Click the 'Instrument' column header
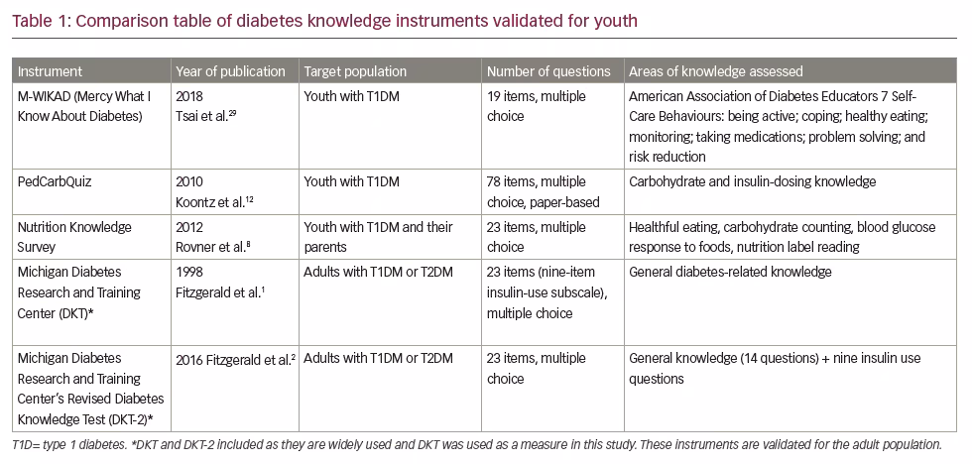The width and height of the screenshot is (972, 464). click(50, 71)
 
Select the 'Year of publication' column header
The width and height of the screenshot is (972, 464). click(230, 71)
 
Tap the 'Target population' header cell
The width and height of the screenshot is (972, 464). click(355, 71)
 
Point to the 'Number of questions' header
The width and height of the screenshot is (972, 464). click(548, 71)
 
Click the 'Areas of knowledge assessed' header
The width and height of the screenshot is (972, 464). click(715, 71)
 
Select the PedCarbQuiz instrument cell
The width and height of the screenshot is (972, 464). click(56, 182)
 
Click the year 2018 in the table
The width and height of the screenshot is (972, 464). click(189, 96)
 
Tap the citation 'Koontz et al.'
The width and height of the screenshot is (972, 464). click(214, 202)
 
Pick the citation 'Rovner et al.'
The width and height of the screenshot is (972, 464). click(212, 247)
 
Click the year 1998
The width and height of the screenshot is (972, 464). click(189, 272)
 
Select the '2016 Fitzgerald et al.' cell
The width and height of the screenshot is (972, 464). click(236, 359)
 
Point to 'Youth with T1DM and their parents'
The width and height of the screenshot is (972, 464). click(378, 237)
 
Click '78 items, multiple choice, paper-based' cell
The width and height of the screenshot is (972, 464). click(544, 192)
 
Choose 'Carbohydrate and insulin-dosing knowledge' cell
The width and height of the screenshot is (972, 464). click(752, 182)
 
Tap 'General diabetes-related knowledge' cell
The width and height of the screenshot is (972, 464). click(730, 272)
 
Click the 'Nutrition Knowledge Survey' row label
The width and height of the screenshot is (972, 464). click(74, 237)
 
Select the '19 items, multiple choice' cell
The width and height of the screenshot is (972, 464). click(537, 106)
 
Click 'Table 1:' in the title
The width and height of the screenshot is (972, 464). click(42, 21)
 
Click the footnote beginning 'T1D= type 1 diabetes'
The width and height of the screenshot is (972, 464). click(477, 444)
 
